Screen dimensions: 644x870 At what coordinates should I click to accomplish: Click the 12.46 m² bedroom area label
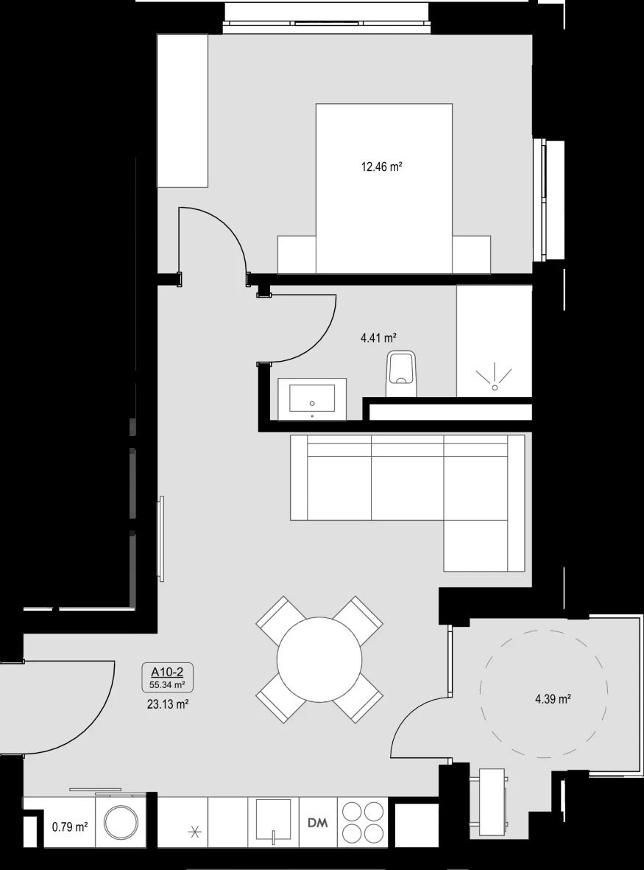[381, 166]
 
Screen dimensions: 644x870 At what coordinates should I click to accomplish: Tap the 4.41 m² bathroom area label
[378, 337]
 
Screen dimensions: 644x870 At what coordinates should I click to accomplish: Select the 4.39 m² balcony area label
[553, 699]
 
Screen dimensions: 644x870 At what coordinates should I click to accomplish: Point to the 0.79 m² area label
[71, 827]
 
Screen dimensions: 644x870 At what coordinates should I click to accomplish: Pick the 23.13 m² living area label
[165, 705]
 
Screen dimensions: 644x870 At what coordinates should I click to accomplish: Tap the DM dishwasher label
[317, 822]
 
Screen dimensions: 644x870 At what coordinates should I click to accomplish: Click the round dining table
[319, 660]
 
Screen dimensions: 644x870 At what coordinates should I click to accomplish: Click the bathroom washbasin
[312, 399]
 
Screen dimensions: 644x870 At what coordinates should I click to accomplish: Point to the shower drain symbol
[495, 377]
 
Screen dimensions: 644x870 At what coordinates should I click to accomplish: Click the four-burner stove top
[364, 822]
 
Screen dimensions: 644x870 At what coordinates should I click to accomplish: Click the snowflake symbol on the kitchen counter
[194, 832]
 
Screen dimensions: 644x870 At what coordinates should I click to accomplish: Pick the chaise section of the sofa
[484, 545]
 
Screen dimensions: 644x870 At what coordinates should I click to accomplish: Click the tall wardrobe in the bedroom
[183, 111]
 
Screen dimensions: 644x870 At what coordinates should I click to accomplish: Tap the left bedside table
[297, 255]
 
